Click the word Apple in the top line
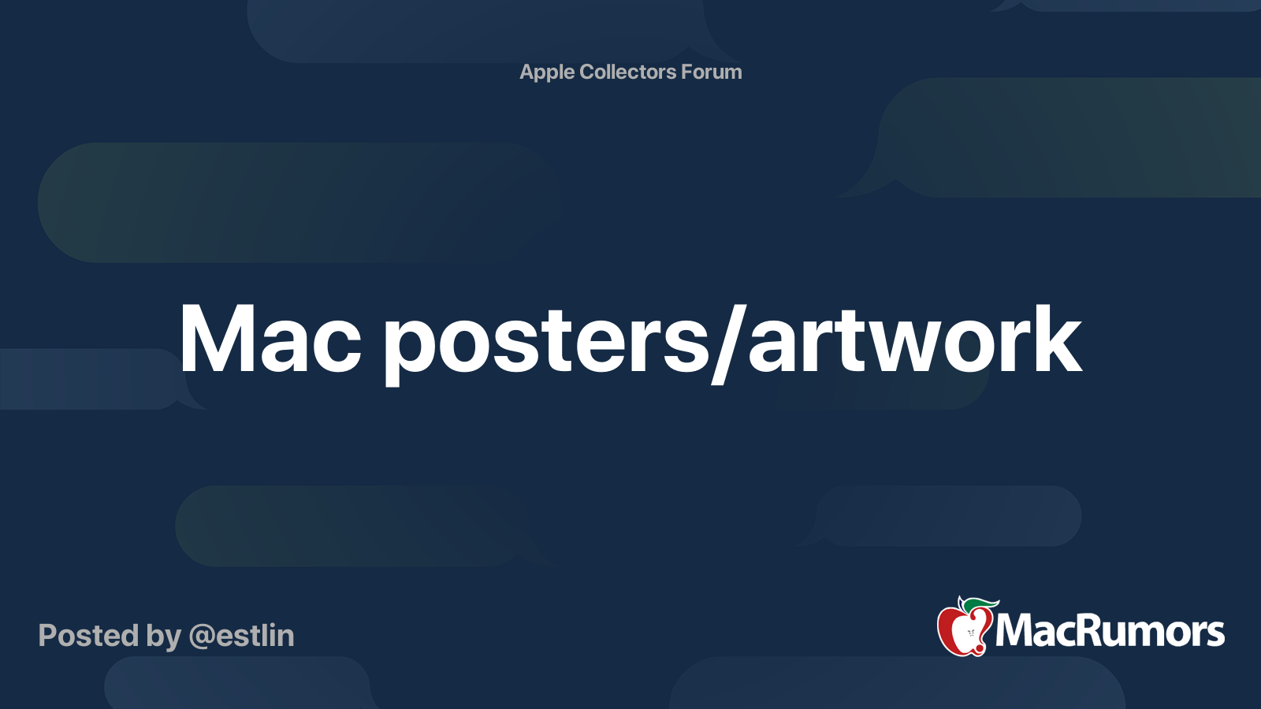click(547, 72)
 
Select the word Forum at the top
click(711, 72)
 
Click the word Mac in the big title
click(270, 340)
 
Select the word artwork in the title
click(914, 340)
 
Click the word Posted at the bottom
click(88, 636)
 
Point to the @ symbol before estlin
click(200, 637)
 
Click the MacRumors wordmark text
click(1110, 632)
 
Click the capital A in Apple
click(528, 72)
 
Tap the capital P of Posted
click(48, 636)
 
